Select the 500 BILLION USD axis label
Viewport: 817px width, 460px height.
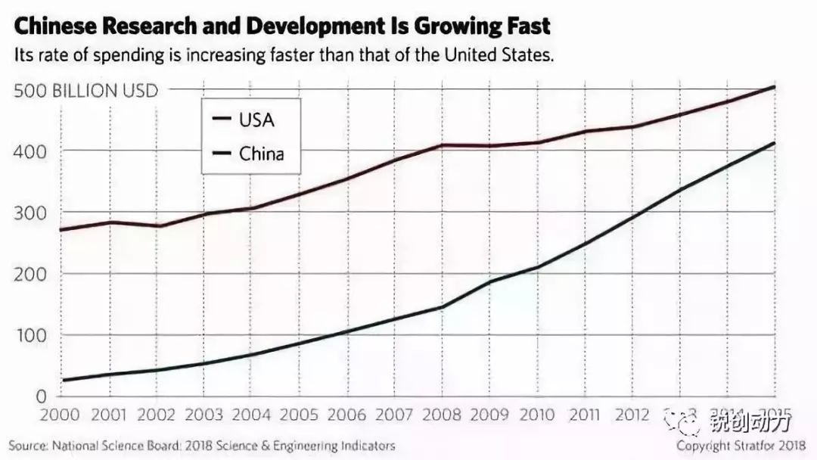click(85, 91)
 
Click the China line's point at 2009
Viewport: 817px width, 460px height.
click(490, 282)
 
